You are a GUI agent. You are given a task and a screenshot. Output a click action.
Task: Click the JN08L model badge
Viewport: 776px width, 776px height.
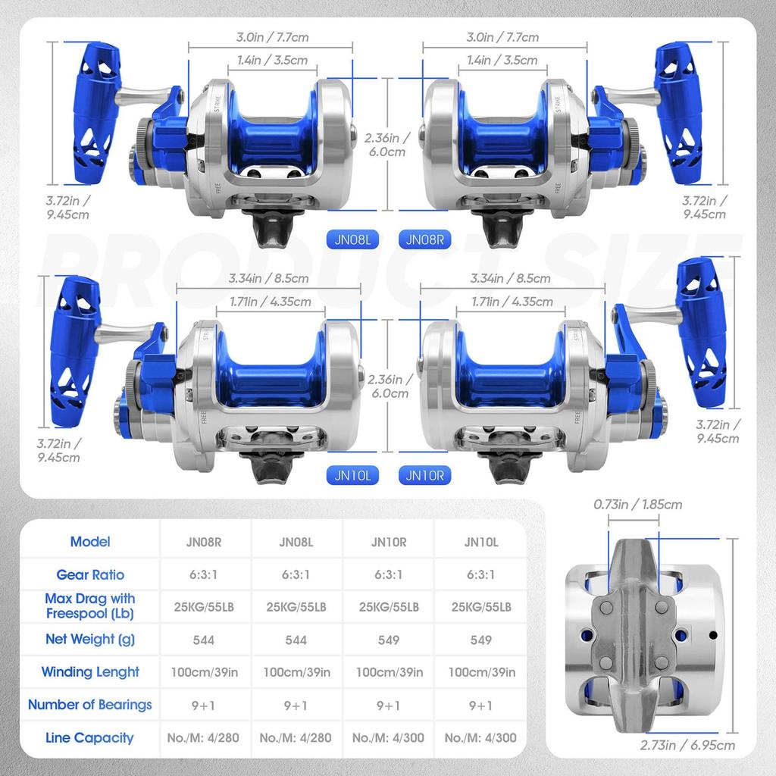[x=352, y=239]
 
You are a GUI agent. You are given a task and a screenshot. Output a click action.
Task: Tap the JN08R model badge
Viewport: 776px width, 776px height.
[x=424, y=239]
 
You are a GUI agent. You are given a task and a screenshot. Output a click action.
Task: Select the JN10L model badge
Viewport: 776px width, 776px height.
[x=352, y=475]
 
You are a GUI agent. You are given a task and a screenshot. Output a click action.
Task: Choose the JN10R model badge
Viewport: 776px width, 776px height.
[x=424, y=475]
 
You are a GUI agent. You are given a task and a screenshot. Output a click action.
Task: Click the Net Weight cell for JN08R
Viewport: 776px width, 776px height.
[x=204, y=640]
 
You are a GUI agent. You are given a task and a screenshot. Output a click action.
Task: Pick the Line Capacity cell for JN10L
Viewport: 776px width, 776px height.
[x=481, y=737]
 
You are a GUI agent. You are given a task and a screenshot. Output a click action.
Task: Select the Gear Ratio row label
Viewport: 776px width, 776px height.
[x=90, y=574]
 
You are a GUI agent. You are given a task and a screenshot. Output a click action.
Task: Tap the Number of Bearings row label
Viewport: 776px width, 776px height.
[x=90, y=705]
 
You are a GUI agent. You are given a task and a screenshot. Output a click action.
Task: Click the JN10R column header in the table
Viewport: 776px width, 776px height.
[x=389, y=542]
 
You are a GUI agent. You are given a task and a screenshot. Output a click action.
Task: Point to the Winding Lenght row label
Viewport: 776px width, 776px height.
[x=90, y=672]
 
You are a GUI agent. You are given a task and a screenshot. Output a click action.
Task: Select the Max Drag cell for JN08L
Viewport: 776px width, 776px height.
[x=296, y=607]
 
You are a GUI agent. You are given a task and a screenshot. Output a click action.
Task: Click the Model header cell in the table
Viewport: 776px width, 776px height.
[x=90, y=542]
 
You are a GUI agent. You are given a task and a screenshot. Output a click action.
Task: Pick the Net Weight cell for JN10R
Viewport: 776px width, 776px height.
[x=389, y=640]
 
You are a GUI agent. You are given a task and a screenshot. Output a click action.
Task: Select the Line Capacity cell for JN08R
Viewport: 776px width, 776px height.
[x=204, y=737]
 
